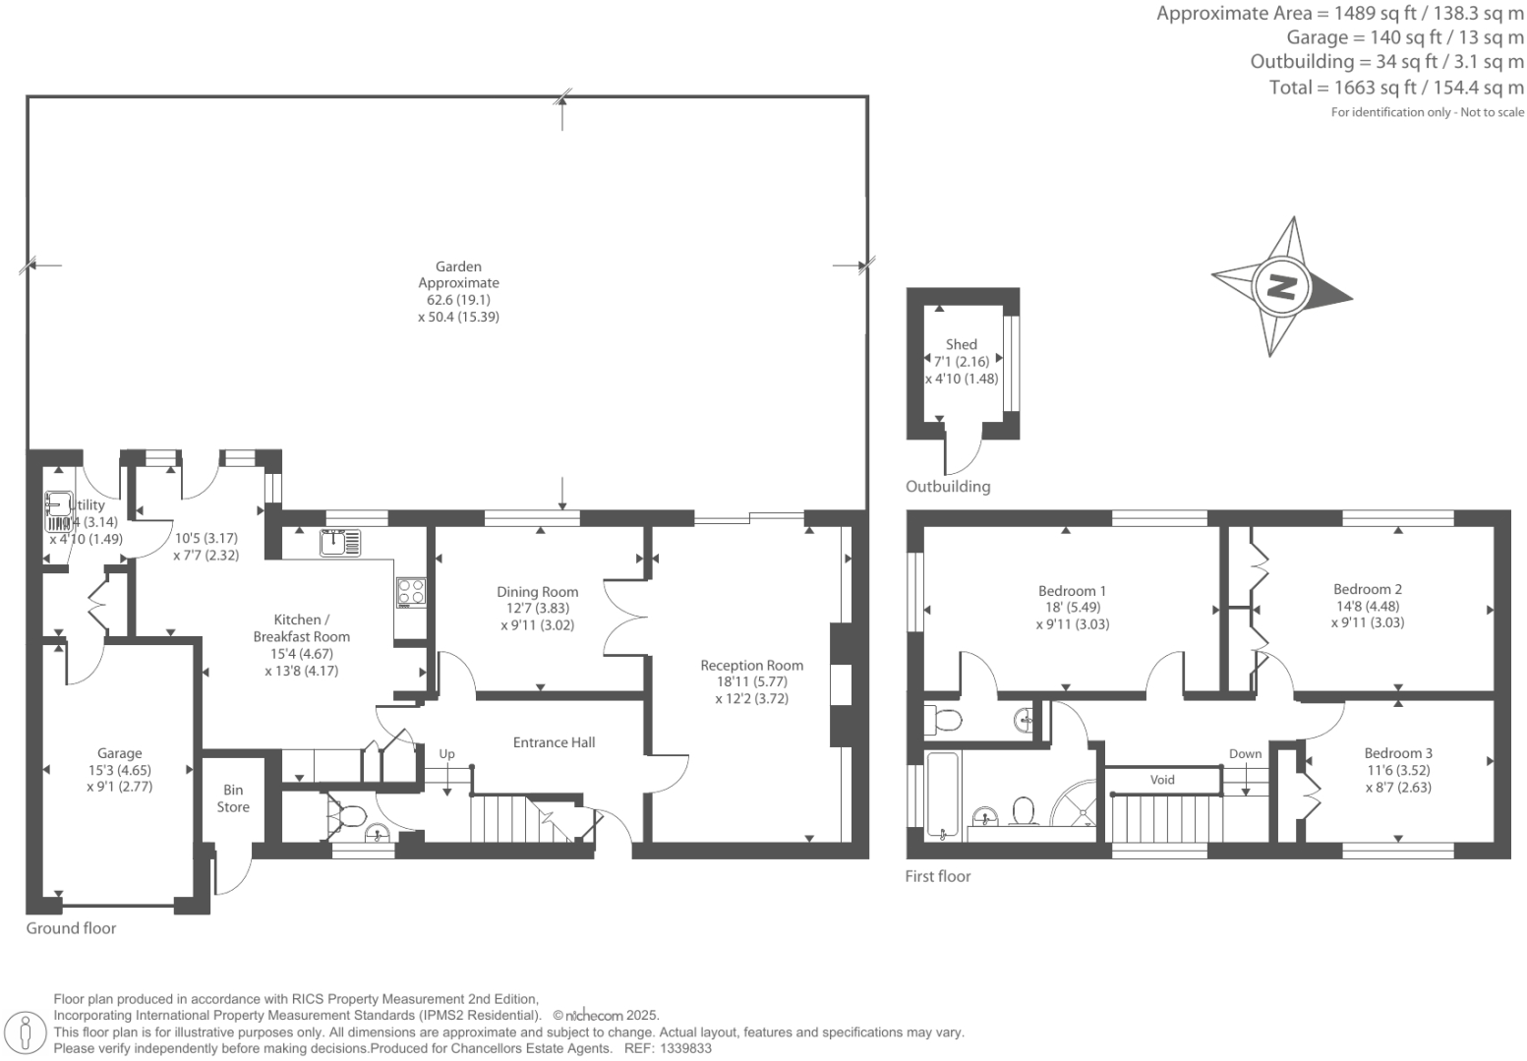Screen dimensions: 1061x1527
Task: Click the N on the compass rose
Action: (1281, 287)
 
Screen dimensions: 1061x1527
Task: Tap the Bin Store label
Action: (233, 798)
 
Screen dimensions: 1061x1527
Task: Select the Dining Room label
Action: (537, 592)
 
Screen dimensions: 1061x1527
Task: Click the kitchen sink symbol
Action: (340, 543)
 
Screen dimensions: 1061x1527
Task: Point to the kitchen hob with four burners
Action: (411, 591)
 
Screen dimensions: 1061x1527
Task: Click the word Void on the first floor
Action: (1162, 780)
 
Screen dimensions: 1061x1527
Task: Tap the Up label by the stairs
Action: (446, 754)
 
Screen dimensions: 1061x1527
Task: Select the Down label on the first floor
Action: (1245, 754)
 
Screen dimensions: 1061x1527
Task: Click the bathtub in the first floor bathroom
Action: (942, 796)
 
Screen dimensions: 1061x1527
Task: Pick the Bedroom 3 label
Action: (1397, 753)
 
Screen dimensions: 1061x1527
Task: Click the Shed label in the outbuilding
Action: (961, 344)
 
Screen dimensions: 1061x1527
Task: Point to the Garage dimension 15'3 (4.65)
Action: (119, 770)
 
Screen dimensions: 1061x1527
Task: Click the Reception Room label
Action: (751, 666)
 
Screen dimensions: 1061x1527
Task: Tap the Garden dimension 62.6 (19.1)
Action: (458, 300)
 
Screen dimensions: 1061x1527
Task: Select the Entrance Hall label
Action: (554, 742)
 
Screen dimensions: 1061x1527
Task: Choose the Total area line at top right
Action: (1396, 88)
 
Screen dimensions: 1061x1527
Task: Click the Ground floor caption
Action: (71, 928)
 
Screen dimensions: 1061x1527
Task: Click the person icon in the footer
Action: (27, 1032)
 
